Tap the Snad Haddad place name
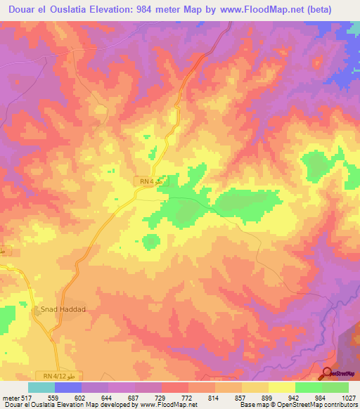60,309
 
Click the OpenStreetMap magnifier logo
328,373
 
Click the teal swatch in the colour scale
41,387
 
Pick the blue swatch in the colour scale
68,387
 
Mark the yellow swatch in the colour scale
282,387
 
